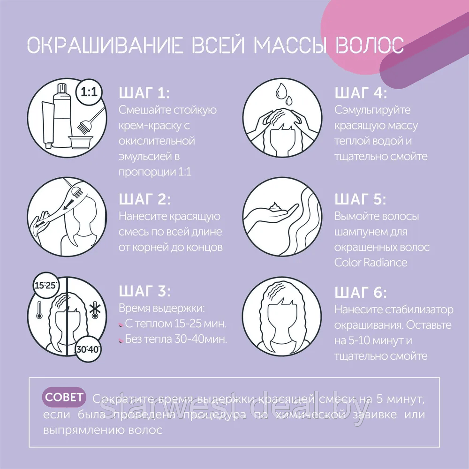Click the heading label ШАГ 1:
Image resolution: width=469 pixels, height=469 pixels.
[144, 93]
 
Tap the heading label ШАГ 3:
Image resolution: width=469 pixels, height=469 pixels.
[145, 292]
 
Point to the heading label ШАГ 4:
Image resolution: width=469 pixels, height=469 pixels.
[361, 93]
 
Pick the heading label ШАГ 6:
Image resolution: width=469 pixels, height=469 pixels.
[361, 292]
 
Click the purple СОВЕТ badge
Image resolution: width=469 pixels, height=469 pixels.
[65, 397]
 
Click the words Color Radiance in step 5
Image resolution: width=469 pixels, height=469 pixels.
[371, 262]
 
